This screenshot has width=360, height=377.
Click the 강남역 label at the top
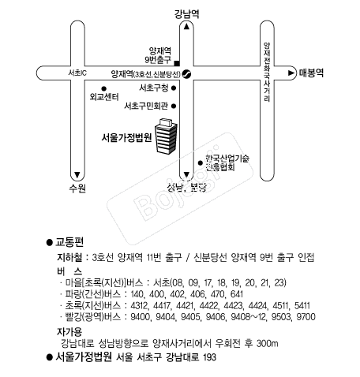[x=186, y=14]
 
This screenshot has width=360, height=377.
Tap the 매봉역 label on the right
[x=311, y=73]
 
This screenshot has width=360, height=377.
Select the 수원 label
[x=77, y=188]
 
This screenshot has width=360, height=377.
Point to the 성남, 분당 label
[x=186, y=187]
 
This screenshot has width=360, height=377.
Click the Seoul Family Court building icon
[x=166, y=136]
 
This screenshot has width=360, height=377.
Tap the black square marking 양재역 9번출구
[x=177, y=63]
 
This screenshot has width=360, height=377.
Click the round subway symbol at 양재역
[x=186, y=74]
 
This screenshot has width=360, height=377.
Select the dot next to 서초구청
[x=174, y=88]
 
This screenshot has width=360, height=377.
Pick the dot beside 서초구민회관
[x=174, y=106]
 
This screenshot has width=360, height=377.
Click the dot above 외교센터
[x=104, y=88]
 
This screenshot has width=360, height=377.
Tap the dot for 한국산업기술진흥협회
[x=201, y=163]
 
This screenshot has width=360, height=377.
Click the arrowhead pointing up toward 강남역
[x=186, y=26]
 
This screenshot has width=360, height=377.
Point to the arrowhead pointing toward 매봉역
[x=291, y=73]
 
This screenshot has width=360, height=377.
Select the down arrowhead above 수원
[x=77, y=174]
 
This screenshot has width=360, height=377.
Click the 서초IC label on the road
[x=77, y=73]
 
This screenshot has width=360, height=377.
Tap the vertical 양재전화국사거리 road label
[x=267, y=73]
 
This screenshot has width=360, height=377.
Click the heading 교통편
[x=69, y=242]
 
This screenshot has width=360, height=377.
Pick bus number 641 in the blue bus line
[x=237, y=294]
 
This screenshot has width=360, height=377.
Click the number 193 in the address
[x=209, y=357]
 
